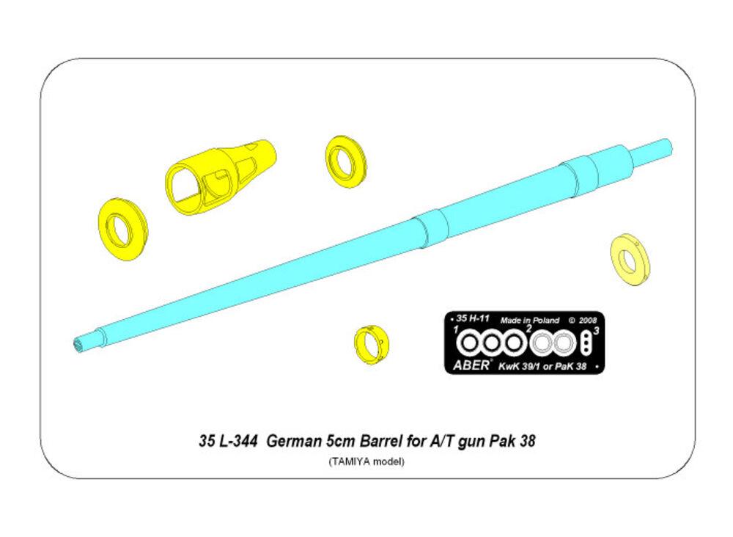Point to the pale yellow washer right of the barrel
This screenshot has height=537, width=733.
click(630, 260)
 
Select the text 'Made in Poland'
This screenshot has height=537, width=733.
click(529, 321)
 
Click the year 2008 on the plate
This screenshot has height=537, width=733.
click(587, 321)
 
